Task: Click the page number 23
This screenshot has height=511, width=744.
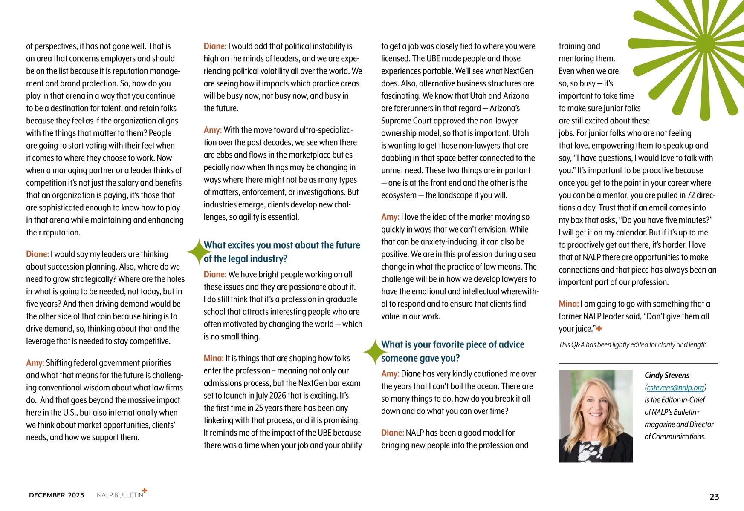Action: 714,497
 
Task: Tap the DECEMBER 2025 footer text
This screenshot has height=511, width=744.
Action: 56,495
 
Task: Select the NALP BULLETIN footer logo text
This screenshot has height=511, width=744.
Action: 120,495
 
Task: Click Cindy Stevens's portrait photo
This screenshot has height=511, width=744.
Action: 596,416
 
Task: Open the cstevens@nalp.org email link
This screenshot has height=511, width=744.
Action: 675,388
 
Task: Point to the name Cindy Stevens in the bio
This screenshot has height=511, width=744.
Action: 667,375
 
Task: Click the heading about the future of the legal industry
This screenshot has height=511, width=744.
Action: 281,252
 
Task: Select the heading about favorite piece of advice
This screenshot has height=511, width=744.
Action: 452,351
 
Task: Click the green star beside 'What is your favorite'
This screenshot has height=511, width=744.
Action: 374,352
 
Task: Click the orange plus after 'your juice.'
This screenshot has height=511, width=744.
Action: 599,328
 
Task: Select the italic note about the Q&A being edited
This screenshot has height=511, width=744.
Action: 633,344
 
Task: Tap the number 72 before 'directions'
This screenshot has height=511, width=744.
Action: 692,195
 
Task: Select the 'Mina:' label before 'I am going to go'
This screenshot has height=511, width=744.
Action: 568,304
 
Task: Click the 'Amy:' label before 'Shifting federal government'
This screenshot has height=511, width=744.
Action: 35,363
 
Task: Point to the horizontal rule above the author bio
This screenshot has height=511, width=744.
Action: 638,363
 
